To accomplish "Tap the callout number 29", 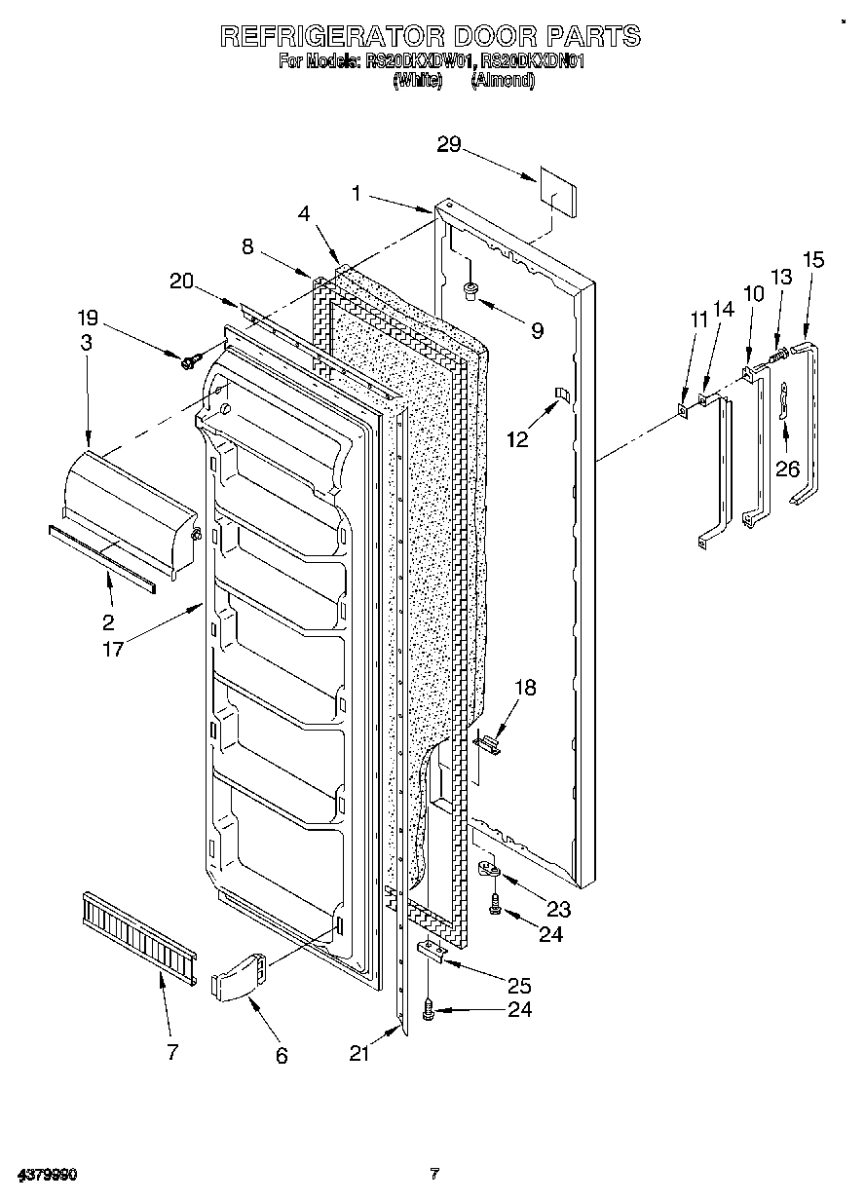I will click(x=449, y=144).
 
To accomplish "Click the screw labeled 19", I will click(x=189, y=361).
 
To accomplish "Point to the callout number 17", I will click(x=114, y=649).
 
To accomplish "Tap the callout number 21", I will click(x=361, y=1053).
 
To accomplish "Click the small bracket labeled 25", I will click(x=433, y=950).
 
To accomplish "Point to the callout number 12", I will click(x=517, y=439).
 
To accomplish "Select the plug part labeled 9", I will click(x=470, y=289).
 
